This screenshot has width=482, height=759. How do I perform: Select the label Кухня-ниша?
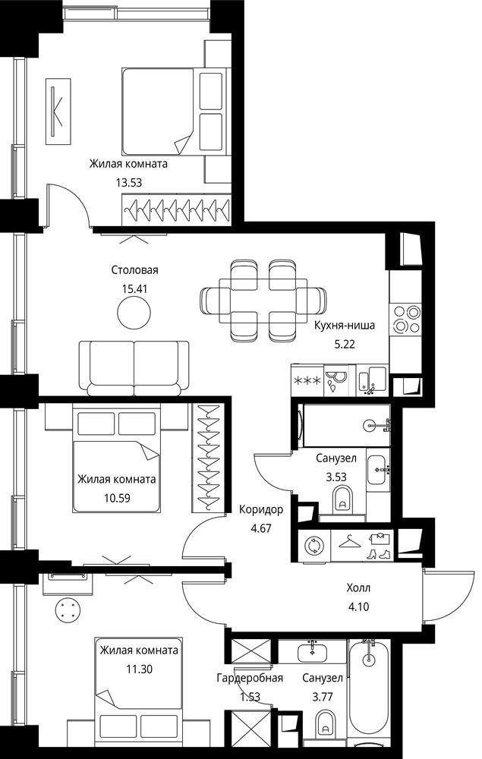point(344,326)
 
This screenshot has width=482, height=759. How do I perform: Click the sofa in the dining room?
point(134,368)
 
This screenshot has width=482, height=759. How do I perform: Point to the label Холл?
point(358,588)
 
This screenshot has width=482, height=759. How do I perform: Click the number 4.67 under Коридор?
point(261,528)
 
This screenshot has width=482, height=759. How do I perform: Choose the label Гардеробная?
point(249,678)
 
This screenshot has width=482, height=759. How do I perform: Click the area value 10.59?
point(117,497)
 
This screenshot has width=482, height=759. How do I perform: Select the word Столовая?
point(134,270)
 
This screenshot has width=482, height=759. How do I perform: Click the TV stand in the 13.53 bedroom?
point(58,111)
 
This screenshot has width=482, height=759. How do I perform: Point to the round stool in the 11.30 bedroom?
point(67,609)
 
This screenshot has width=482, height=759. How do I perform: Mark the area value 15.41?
point(134,288)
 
